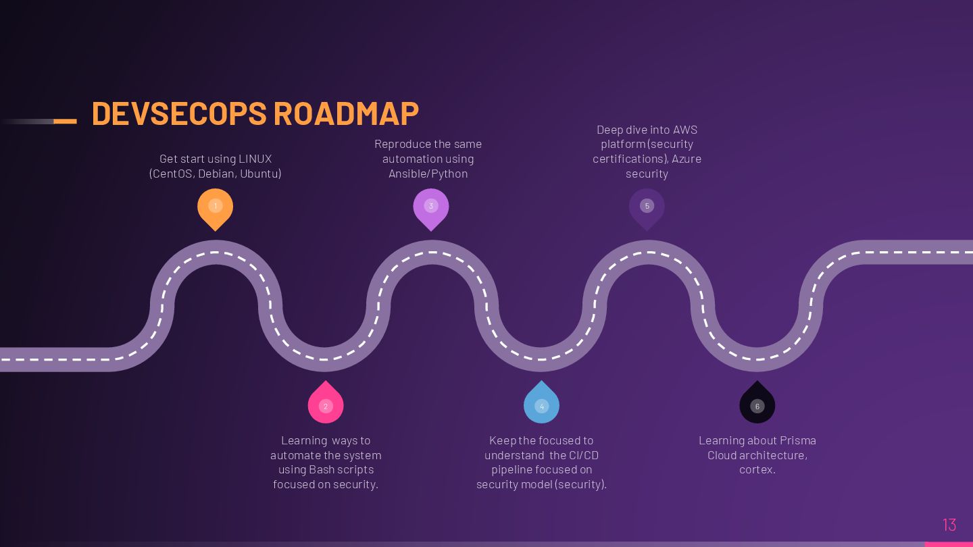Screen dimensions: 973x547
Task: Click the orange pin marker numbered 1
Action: tap(216, 207)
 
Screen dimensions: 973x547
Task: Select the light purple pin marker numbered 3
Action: tap(431, 207)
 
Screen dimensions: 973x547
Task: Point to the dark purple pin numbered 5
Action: tap(647, 207)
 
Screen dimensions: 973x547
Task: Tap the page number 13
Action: tap(949, 524)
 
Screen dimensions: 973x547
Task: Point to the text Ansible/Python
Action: tap(428, 174)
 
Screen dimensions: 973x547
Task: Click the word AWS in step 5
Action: tap(684, 130)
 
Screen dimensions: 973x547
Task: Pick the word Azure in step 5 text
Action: tap(686, 159)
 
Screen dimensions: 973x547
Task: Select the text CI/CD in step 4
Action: tap(584, 455)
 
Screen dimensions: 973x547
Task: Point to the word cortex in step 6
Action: tap(755, 470)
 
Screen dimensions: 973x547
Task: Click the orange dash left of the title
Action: tap(65, 122)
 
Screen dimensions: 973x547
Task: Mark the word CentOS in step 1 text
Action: tap(172, 174)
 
